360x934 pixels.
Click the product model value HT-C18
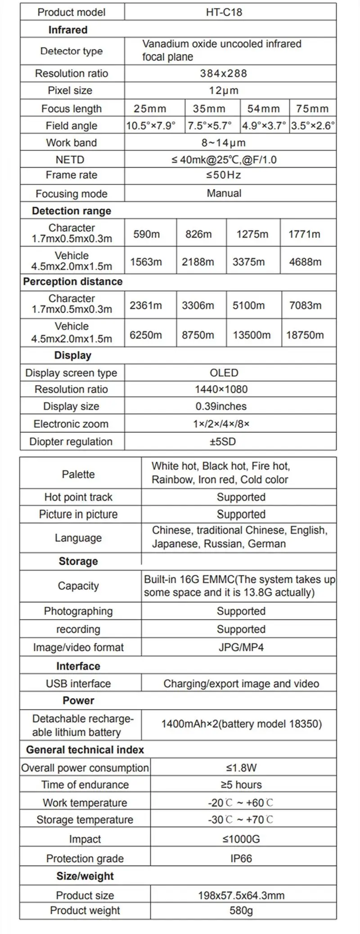coord(224,12)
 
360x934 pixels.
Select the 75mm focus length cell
coord(312,108)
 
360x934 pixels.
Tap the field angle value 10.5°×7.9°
coord(151,126)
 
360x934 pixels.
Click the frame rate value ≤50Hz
coord(224,175)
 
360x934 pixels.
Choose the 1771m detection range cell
coord(304,234)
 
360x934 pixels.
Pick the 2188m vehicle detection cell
coord(198,262)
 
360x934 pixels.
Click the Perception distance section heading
coord(73,282)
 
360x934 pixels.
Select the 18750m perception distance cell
coord(305,335)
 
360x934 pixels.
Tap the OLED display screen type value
coord(224,373)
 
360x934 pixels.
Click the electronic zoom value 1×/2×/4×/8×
coord(221,424)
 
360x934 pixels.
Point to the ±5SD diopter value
coord(222,441)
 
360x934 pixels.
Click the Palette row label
coord(78,474)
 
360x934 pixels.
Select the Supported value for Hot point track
coord(241,497)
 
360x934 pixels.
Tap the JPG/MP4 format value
coord(241,647)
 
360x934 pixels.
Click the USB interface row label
coord(78,683)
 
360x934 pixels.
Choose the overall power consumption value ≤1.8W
coord(241,768)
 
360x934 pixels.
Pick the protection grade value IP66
coord(241,858)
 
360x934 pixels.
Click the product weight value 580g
coord(241,911)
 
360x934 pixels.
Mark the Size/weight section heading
coord(85,876)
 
